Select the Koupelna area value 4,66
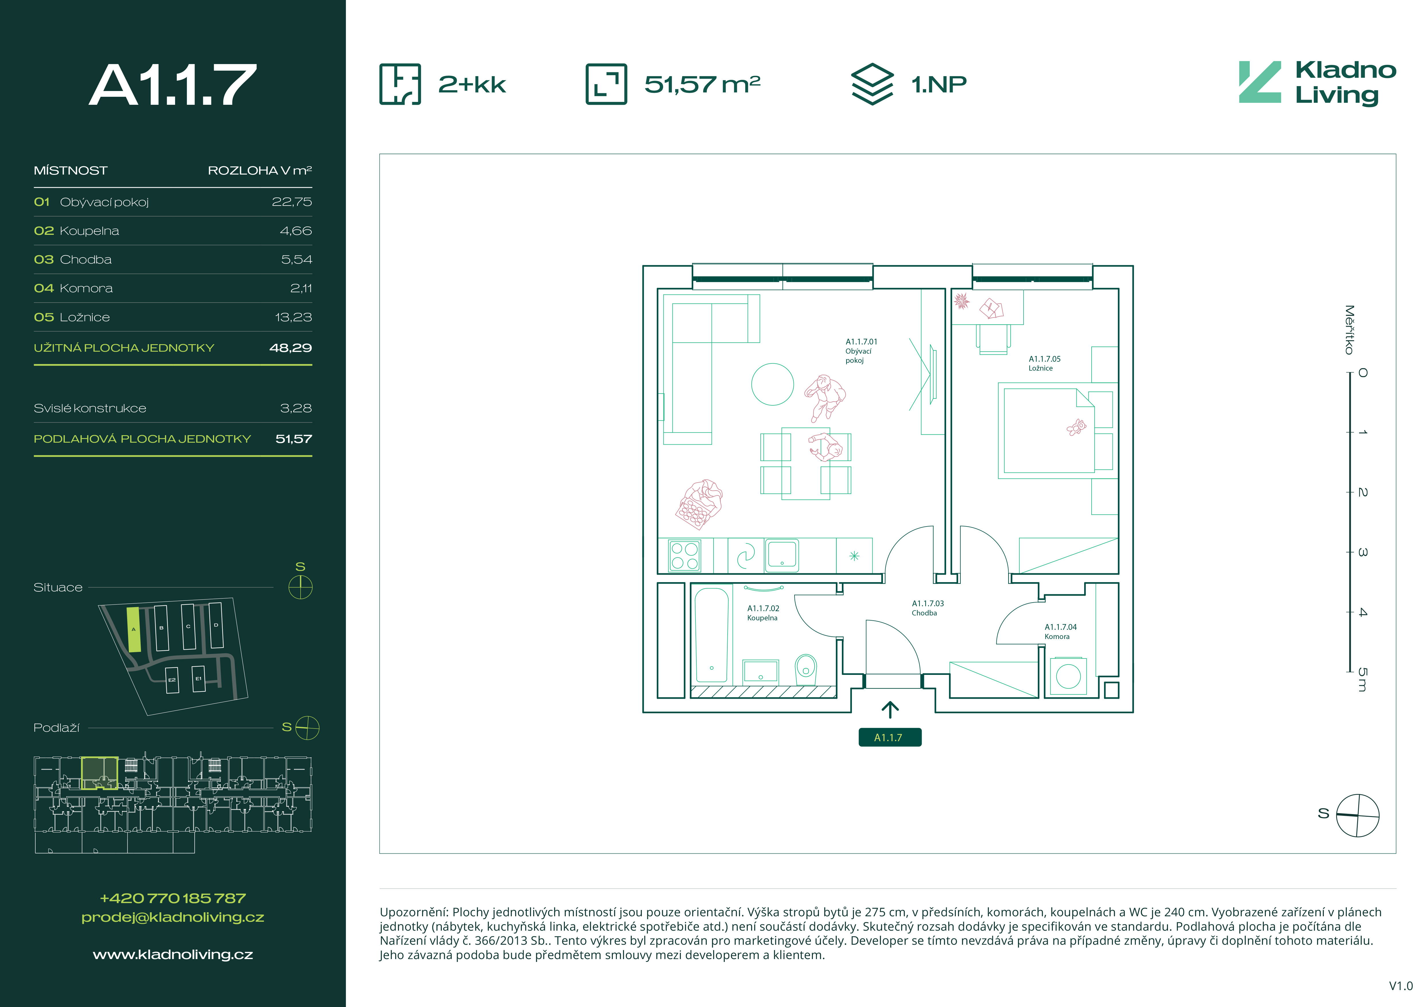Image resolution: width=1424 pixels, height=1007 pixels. point(296,231)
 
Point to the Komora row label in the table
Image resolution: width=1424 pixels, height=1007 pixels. point(86,288)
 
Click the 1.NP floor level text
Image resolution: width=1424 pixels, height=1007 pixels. point(938,84)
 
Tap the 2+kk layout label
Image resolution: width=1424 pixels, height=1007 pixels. point(472,84)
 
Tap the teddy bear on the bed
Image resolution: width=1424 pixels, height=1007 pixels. point(1076,427)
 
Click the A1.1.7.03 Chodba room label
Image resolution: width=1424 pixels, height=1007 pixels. point(927,608)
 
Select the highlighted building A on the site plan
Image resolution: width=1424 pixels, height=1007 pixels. point(133,629)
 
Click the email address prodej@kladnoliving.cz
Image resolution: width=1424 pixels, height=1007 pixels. point(173,917)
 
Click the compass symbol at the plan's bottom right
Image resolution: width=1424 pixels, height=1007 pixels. point(1358,815)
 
